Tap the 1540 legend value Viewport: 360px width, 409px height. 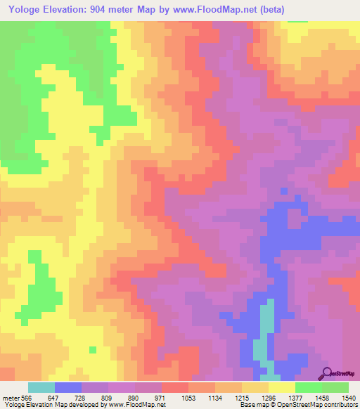coord(349,397)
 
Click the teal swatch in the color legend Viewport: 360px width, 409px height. coord(41,387)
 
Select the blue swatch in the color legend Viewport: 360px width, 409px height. coord(68,387)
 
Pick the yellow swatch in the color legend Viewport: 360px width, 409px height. coord(282,387)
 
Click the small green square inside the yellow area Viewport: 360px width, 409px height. coord(92,349)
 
